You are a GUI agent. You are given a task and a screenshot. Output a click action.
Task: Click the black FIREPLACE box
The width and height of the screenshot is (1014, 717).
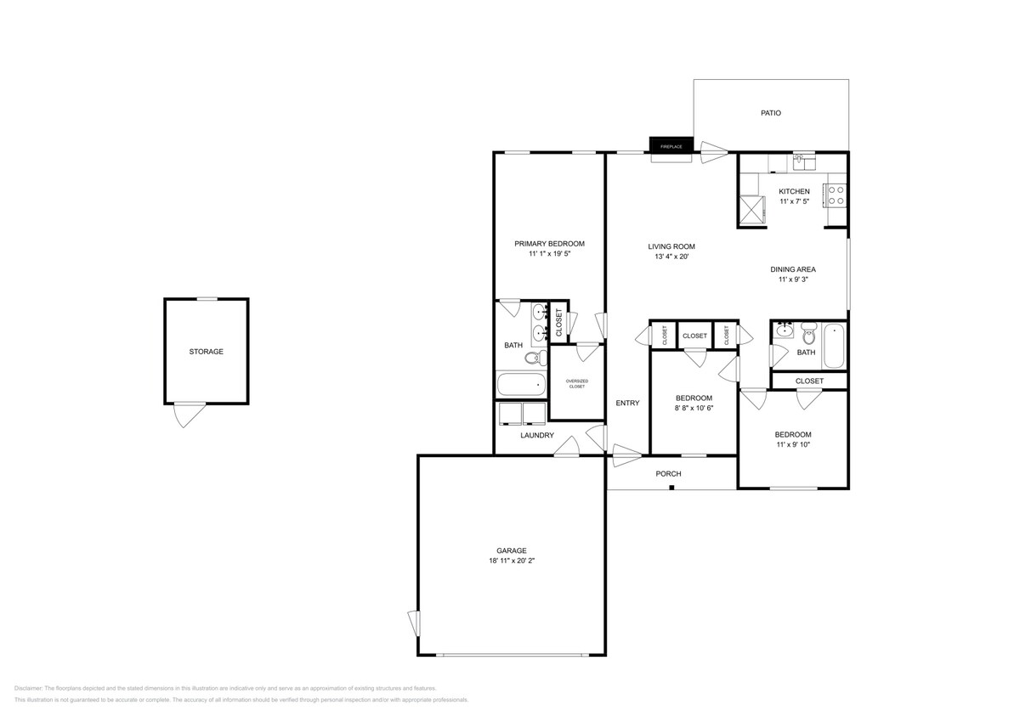(671, 145)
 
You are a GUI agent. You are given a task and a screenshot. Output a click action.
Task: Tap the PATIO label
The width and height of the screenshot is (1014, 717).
(770, 113)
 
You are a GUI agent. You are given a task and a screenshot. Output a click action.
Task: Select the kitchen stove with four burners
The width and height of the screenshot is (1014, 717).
(836, 196)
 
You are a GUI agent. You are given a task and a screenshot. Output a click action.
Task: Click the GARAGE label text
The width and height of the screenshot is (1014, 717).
(512, 550)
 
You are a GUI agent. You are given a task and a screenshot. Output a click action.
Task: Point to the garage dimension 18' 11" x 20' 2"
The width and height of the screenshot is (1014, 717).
(512, 561)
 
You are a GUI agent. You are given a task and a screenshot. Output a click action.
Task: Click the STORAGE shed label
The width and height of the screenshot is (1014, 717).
(206, 352)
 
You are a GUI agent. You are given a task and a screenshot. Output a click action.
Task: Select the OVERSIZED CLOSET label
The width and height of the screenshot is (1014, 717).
(577, 383)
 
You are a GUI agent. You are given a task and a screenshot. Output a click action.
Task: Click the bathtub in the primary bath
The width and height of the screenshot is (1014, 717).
(520, 385)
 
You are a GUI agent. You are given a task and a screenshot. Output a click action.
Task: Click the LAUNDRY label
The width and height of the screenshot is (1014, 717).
(537, 436)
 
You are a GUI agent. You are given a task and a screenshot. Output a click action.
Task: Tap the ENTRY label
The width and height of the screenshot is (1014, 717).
(627, 404)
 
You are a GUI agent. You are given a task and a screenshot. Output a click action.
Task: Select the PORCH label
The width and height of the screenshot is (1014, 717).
(668, 474)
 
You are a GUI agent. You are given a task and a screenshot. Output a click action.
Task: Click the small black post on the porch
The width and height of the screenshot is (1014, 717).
(671, 488)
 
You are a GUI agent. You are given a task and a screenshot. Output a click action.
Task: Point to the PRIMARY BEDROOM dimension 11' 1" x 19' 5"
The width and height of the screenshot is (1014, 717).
(549, 254)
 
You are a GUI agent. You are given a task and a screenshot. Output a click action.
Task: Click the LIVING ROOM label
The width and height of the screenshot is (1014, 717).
(671, 246)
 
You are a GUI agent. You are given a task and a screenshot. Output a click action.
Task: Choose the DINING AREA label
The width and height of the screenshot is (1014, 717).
(793, 269)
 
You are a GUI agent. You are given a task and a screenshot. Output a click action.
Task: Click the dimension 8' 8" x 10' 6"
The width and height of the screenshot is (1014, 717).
(694, 408)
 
